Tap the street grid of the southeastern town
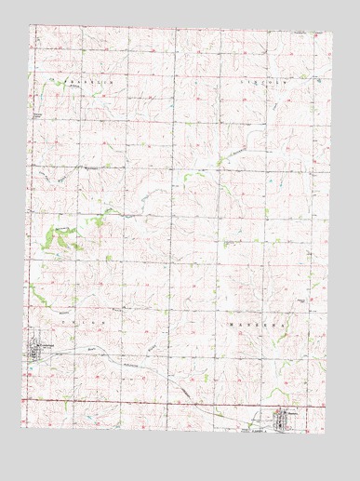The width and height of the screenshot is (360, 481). click(285, 419)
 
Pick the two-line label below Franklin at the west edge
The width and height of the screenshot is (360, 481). click(37, 116)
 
